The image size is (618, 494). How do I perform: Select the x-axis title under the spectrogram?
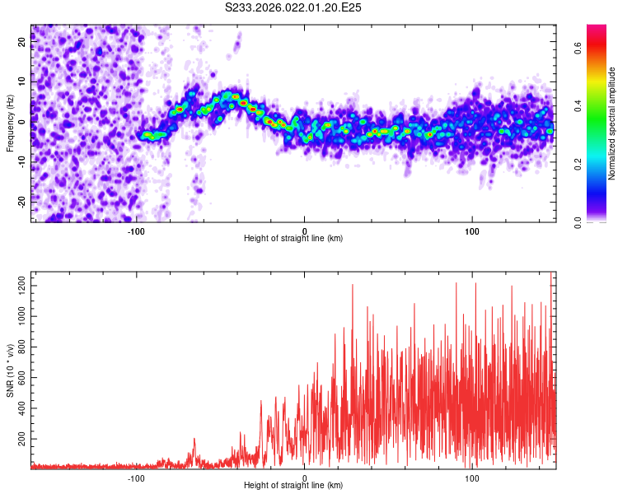293,238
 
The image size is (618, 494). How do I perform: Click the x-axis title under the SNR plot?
293,485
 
